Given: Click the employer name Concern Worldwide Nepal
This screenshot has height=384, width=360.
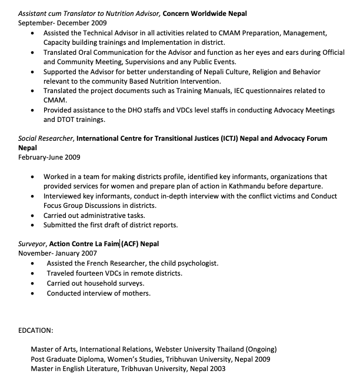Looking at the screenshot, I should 205,13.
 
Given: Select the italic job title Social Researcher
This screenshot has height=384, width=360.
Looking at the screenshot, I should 45,138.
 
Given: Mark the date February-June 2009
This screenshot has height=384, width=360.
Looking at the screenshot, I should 49,157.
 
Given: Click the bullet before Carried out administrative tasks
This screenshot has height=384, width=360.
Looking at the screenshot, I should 32,216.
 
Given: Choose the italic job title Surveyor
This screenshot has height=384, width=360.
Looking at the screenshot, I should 32,243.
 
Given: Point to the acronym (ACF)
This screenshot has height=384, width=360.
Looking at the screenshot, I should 131,243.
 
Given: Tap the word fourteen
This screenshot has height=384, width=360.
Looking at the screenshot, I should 88,273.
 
